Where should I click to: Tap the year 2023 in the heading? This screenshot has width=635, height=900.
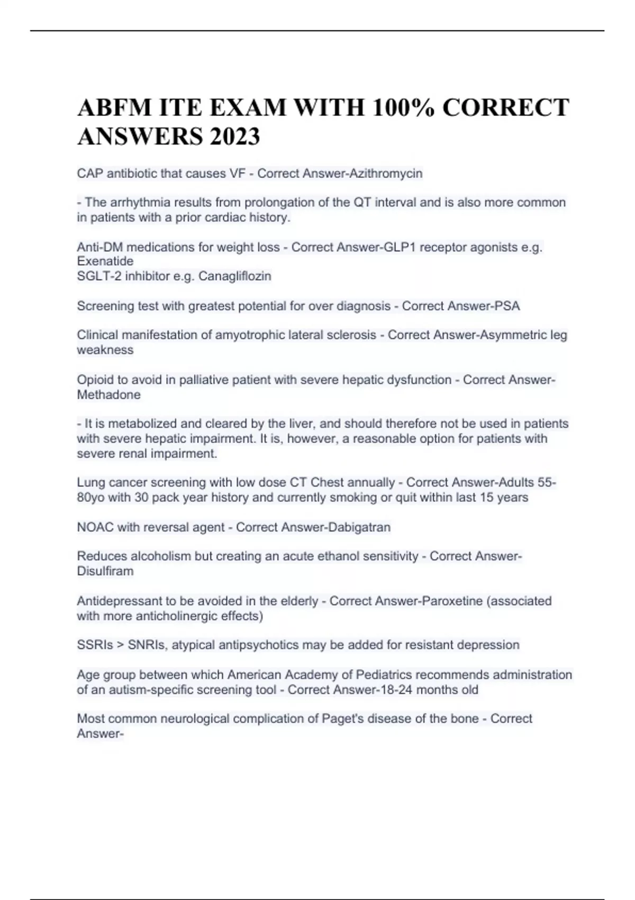tap(234, 137)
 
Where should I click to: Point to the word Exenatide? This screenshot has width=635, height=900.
tap(105, 261)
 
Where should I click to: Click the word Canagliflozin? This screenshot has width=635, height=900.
tap(234, 276)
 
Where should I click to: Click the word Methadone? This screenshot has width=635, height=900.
tap(108, 395)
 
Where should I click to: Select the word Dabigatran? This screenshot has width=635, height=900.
tap(359, 527)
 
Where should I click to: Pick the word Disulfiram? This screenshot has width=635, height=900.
tap(105, 571)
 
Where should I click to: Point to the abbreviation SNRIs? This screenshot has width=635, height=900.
tap(146, 645)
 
